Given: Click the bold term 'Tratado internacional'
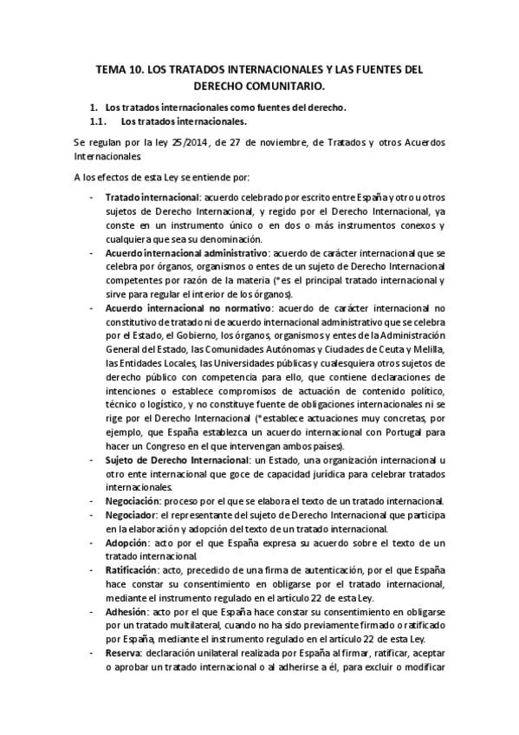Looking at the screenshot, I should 152,198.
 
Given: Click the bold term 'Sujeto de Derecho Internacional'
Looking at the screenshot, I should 176,461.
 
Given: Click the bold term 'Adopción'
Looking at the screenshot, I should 127,543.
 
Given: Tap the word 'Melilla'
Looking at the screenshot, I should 427,349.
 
